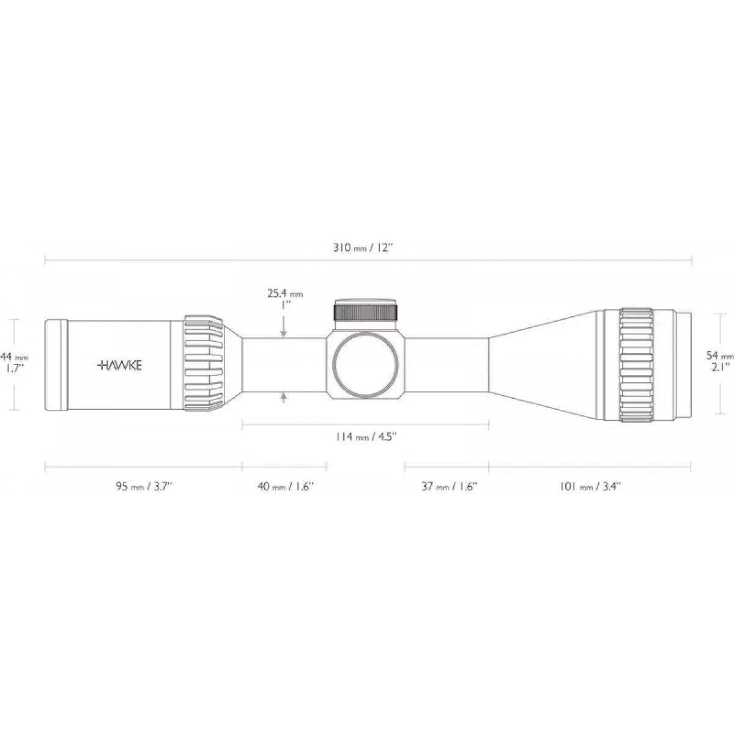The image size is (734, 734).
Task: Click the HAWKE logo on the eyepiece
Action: (x=120, y=366)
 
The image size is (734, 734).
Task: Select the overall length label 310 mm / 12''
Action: (x=363, y=248)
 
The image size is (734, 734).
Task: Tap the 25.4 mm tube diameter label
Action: (x=285, y=294)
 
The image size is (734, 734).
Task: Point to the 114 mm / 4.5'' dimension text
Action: (x=366, y=437)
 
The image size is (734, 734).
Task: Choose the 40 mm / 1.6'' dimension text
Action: (x=285, y=486)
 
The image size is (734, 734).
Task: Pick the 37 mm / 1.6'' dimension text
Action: (x=449, y=486)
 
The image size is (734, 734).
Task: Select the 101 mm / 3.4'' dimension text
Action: (x=590, y=486)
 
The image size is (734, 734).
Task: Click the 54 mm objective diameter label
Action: (x=719, y=356)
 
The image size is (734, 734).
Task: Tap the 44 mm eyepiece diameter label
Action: (x=14, y=357)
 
